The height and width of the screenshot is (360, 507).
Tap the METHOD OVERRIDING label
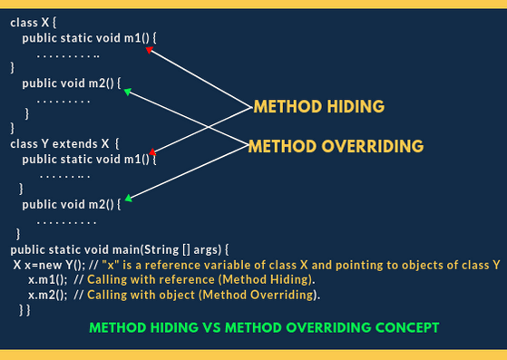pyautogui.click(x=336, y=146)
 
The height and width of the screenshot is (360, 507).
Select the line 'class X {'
pyautogui.click(x=32, y=21)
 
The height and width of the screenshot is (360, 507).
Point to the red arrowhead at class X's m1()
pyautogui.click(x=151, y=51)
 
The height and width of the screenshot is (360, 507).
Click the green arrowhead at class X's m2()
pyautogui.click(x=128, y=91)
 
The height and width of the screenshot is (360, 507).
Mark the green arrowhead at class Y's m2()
pyautogui.click(x=130, y=197)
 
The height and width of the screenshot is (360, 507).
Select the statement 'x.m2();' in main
pyautogui.click(x=46, y=295)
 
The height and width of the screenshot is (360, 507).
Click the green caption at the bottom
pyautogui.click(x=264, y=326)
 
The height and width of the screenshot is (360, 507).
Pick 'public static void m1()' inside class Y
pyautogui.click(x=88, y=159)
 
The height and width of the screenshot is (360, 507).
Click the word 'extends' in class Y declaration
pyautogui.click(x=83, y=143)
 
